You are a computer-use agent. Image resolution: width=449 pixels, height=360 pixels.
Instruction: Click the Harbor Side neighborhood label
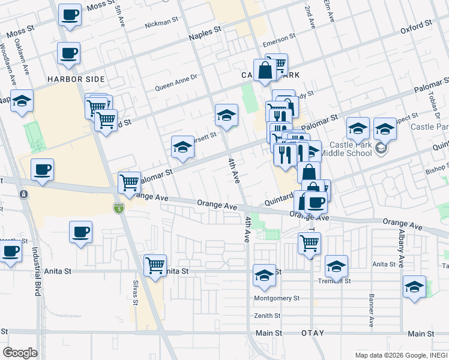point(77,79)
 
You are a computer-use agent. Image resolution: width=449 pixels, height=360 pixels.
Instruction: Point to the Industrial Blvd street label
point(35,270)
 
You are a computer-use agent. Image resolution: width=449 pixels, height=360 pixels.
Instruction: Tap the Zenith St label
point(268,316)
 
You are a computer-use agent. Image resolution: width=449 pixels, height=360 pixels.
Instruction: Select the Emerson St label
point(280,44)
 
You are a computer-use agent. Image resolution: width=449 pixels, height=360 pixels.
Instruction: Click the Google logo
point(20,352)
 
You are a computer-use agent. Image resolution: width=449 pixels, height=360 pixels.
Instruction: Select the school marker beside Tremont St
point(336,266)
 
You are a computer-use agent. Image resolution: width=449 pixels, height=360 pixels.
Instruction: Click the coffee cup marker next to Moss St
point(70,14)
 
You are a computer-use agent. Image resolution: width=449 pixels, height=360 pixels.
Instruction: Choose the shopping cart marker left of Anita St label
point(155,265)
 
